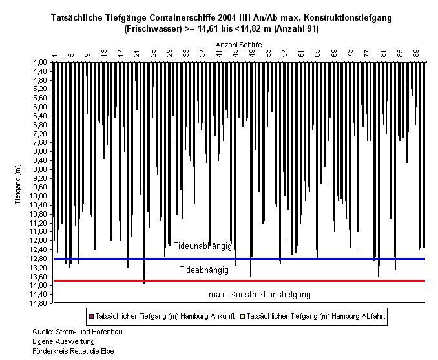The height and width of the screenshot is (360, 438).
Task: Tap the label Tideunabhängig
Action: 202,246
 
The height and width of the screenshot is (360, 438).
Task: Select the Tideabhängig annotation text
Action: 204,270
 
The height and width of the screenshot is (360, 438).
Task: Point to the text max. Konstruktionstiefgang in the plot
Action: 260,295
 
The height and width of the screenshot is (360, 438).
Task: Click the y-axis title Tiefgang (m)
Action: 18,184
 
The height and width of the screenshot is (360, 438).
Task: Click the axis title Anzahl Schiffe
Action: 238,45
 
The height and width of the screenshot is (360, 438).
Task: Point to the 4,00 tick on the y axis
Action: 41,62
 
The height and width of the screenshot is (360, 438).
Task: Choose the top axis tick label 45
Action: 236,53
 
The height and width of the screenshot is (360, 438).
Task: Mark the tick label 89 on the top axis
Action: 416,53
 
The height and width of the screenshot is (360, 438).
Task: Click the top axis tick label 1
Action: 54,55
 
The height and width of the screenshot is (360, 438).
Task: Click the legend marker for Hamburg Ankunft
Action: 91,317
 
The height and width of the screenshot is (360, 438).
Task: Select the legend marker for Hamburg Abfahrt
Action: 242,317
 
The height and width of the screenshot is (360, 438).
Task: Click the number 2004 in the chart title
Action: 227,18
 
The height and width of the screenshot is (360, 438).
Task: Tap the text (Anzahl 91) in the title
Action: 296,29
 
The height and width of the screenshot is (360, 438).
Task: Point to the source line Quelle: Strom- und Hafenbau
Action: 78,332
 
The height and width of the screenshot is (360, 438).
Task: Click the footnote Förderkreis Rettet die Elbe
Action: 73,351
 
